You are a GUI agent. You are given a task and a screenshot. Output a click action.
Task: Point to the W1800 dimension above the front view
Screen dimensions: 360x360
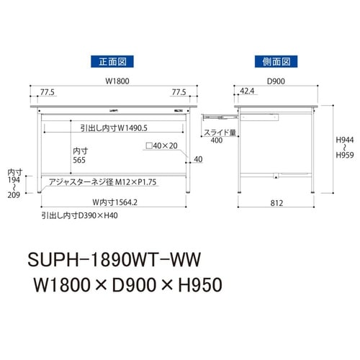click(107, 81)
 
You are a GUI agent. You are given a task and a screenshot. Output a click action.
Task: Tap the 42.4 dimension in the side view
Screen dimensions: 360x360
click(246, 92)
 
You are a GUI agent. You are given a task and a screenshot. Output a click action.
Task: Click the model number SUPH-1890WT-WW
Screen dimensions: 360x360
click(115, 256)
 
